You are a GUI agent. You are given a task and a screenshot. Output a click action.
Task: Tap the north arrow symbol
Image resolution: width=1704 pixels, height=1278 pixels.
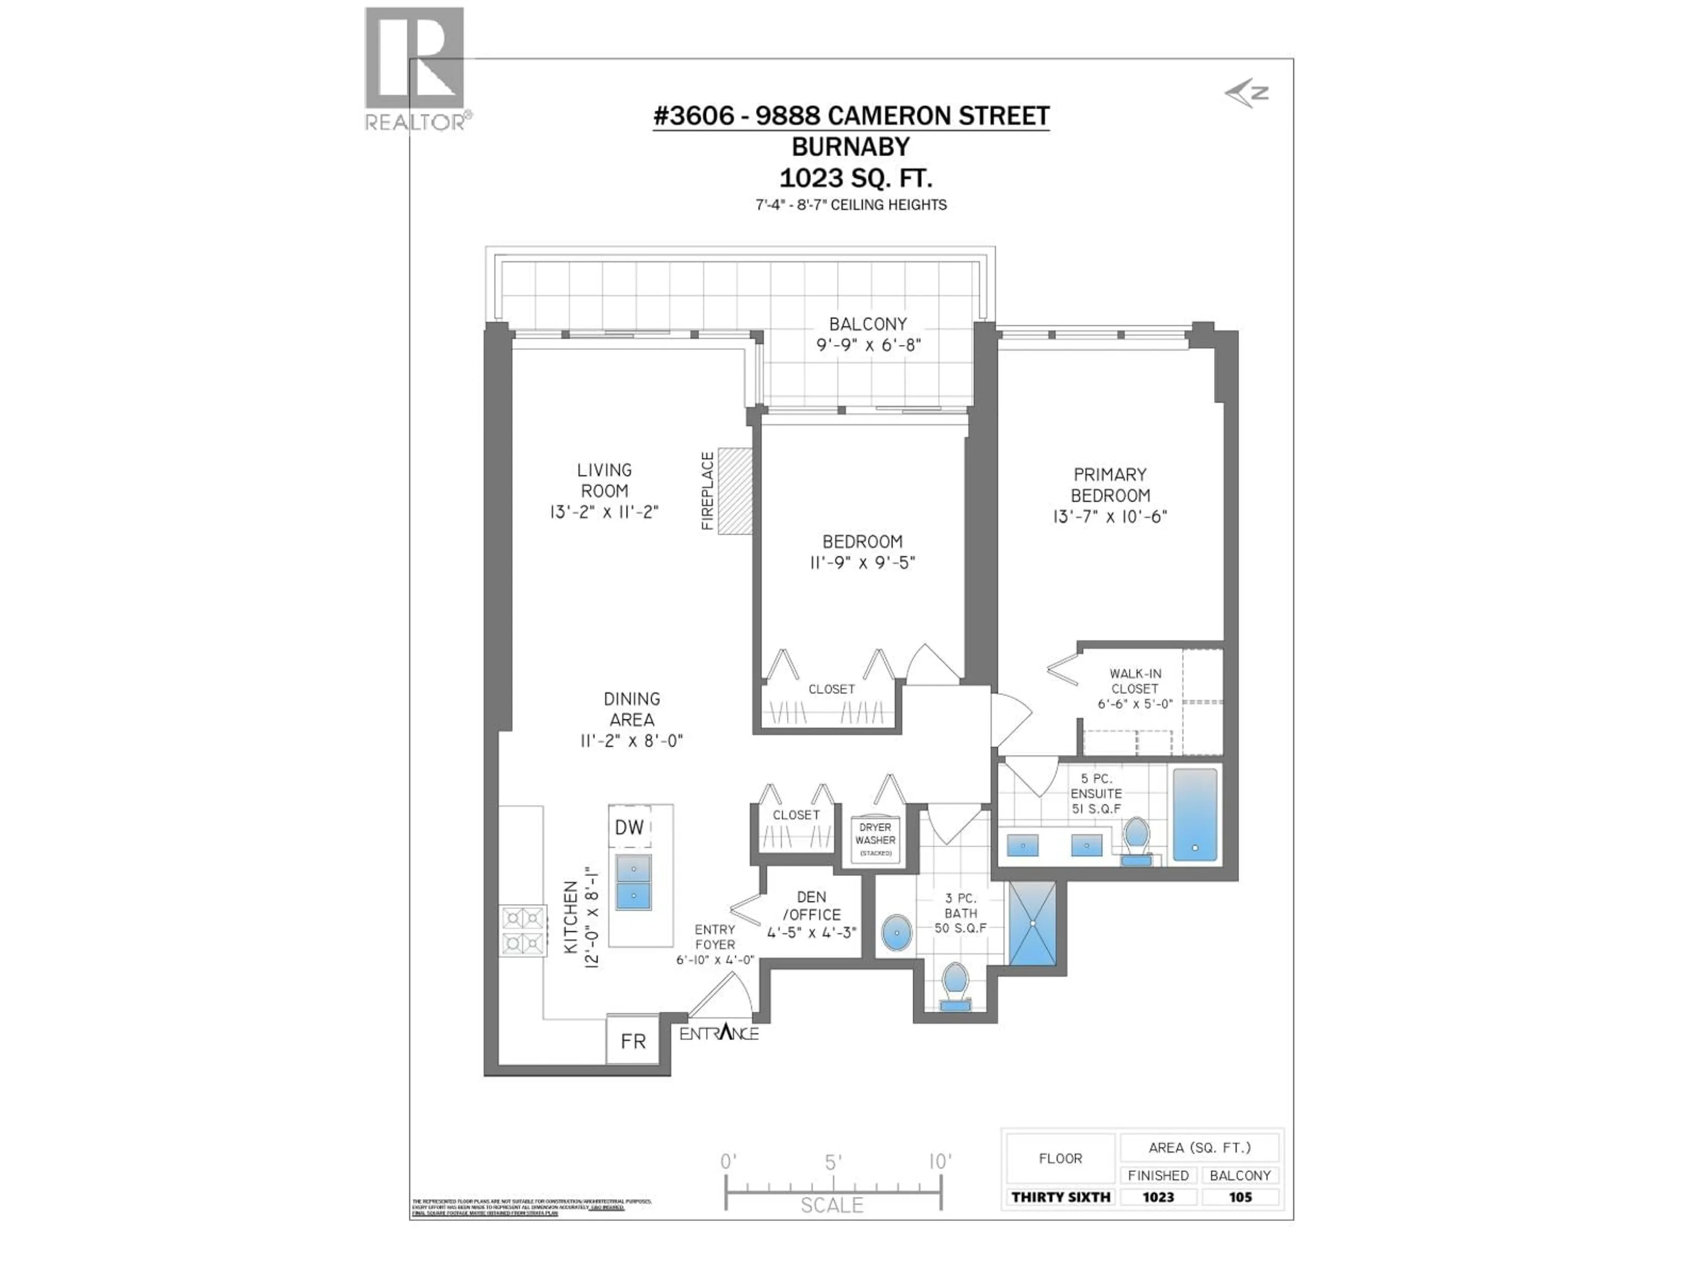tap(1246, 94)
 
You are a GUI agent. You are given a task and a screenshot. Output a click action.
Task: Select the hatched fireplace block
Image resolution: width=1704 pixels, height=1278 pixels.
tap(735, 491)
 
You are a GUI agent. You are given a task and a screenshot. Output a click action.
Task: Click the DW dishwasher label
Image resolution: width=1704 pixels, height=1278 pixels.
tap(629, 827)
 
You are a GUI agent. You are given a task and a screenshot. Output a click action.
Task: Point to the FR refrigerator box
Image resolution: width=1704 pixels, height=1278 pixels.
tap(632, 1041)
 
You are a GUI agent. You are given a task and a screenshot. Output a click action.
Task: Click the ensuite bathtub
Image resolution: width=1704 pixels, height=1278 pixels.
tap(1195, 814)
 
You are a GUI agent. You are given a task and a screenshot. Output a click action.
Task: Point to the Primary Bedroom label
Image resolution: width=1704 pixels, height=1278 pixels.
tap(1110, 485)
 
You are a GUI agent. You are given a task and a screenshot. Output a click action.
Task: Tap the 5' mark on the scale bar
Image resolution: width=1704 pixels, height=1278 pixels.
tap(833, 1163)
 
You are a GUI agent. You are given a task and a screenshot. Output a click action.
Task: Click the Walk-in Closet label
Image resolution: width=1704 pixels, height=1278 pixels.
tap(1135, 681)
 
